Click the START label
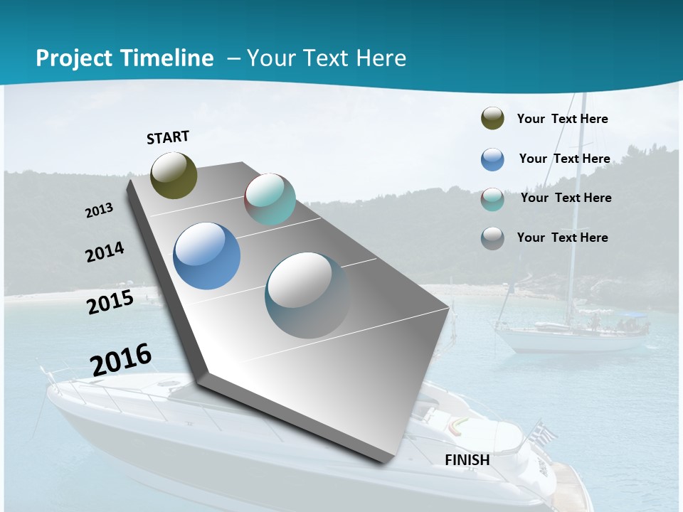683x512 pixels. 168,137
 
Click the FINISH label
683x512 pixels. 467,460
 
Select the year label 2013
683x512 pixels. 100,210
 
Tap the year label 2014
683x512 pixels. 105,252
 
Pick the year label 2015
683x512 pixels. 110,302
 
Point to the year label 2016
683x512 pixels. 121,359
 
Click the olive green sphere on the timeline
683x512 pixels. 174,175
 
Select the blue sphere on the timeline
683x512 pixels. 206,256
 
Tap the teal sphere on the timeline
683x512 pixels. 270,199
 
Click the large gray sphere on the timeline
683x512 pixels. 307,295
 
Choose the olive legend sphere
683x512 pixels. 492,118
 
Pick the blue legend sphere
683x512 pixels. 492,159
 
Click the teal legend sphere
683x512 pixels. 492,199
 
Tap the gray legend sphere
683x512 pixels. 492,238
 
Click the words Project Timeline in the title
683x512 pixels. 125,58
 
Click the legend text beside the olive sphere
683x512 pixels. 562,119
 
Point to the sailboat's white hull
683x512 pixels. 569,341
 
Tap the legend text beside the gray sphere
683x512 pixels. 562,238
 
